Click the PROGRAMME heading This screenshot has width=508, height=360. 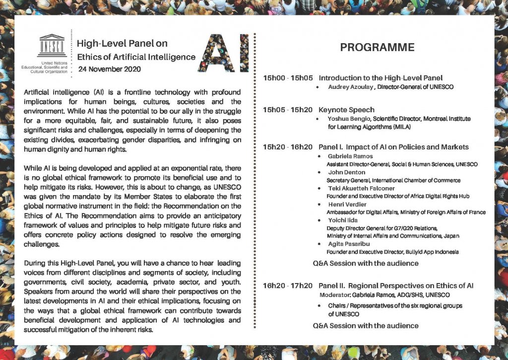point(377,48)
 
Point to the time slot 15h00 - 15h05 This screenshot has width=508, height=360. point(288,78)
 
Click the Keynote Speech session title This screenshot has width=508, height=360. point(346,110)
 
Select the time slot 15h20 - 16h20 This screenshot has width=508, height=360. point(288,147)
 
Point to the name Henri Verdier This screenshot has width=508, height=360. point(346,205)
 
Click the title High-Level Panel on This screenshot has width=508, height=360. point(122,44)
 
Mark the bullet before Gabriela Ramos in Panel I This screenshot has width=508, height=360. point(317,156)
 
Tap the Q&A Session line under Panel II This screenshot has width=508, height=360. point(366,326)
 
